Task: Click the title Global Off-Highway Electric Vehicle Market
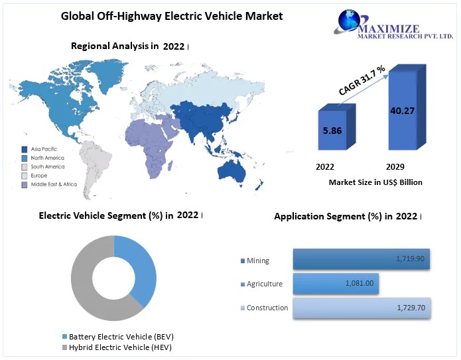(172, 15)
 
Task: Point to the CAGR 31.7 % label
(362, 80)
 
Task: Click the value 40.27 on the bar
(403, 110)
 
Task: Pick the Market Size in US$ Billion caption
(375, 182)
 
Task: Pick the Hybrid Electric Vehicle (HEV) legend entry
(119, 347)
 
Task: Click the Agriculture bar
(335, 284)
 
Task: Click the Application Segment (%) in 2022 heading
(345, 216)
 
